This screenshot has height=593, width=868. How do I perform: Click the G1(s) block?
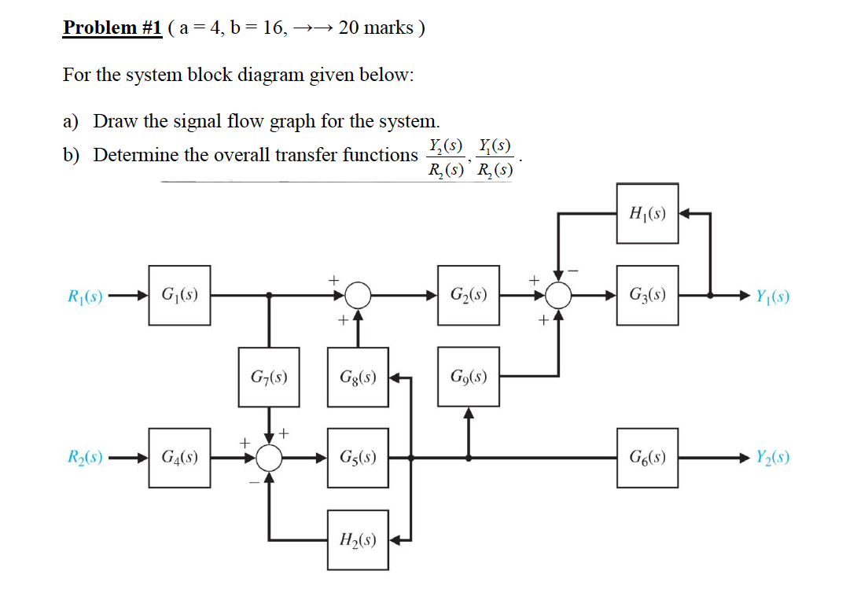click(179, 296)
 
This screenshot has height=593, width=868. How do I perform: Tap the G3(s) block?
click(648, 296)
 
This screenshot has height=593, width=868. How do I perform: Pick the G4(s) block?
click(179, 457)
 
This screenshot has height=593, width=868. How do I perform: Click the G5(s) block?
click(358, 457)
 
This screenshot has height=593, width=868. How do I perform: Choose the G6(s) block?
click(648, 457)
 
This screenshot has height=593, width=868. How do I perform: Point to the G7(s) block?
click(269, 377)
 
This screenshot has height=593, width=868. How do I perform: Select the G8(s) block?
click(358, 377)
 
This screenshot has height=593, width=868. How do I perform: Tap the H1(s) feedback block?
click(648, 213)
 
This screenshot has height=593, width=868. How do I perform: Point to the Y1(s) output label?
click(773, 296)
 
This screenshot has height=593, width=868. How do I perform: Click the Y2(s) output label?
click(773, 457)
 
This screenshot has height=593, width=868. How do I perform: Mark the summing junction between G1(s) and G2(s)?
click(358, 296)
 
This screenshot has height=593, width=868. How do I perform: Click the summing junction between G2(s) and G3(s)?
click(558, 296)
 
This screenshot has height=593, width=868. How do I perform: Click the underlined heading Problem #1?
click(112, 28)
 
